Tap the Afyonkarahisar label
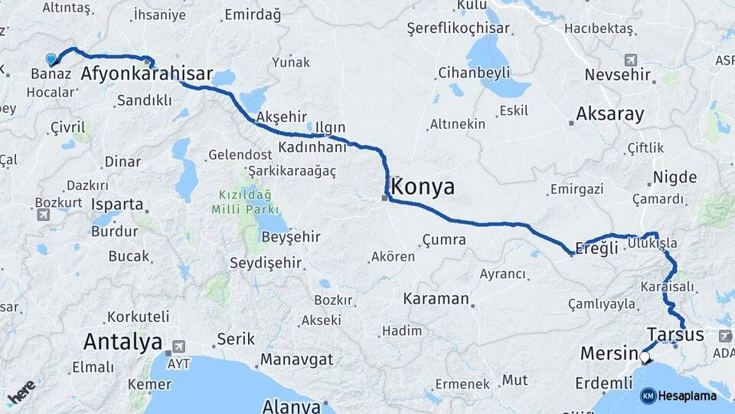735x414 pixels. pos(146,74)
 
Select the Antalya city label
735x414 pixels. pos(122,341)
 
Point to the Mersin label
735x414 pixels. pos(609,353)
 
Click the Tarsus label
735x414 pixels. pos(675,335)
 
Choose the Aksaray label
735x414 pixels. pos(610,114)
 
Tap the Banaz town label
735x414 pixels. pos(51,74)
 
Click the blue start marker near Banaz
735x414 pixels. pos(51,59)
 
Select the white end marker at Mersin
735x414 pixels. pos(645,356)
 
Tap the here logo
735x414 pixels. pos(21,393)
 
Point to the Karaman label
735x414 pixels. pos(436,298)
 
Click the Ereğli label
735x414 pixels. pos(596,249)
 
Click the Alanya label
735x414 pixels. pos(291,406)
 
